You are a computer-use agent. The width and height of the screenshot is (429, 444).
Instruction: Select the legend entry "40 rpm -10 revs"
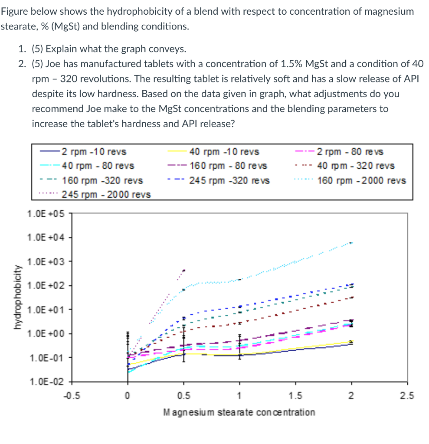(x=224, y=152)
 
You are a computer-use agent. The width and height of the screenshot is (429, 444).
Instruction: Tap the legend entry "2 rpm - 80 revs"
(x=350, y=152)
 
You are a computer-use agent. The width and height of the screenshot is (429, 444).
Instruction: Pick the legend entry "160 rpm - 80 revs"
(x=228, y=166)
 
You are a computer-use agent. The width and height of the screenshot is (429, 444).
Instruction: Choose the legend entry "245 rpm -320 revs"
(x=229, y=180)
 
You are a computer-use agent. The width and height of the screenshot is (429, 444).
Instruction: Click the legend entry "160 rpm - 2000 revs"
(x=361, y=180)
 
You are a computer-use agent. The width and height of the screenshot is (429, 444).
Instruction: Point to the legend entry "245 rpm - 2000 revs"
(x=106, y=194)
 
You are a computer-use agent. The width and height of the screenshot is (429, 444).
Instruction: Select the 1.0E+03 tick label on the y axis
(x=46, y=261)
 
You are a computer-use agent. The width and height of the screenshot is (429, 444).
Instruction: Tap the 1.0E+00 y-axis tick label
(x=46, y=333)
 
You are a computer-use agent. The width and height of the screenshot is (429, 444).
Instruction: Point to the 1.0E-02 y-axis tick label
(x=46, y=382)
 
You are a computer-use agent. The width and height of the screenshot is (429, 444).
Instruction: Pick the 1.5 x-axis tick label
(x=295, y=395)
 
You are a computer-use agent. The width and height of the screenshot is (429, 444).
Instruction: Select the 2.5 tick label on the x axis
(x=407, y=395)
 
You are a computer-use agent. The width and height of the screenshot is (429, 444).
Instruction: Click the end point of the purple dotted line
(x=184, y=271)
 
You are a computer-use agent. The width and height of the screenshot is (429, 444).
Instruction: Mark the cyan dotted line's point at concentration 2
(x=351, y=243)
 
